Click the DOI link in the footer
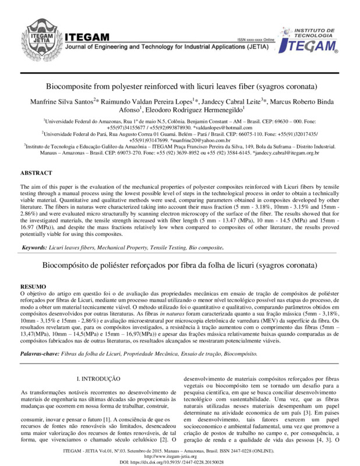click(x=180, y=460)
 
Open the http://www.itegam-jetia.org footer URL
click(x=180, y=454)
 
